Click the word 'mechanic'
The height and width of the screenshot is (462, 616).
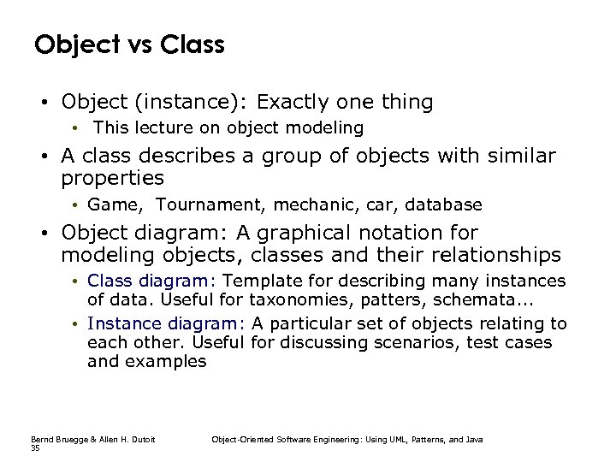294,205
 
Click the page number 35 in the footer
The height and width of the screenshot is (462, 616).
35,447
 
